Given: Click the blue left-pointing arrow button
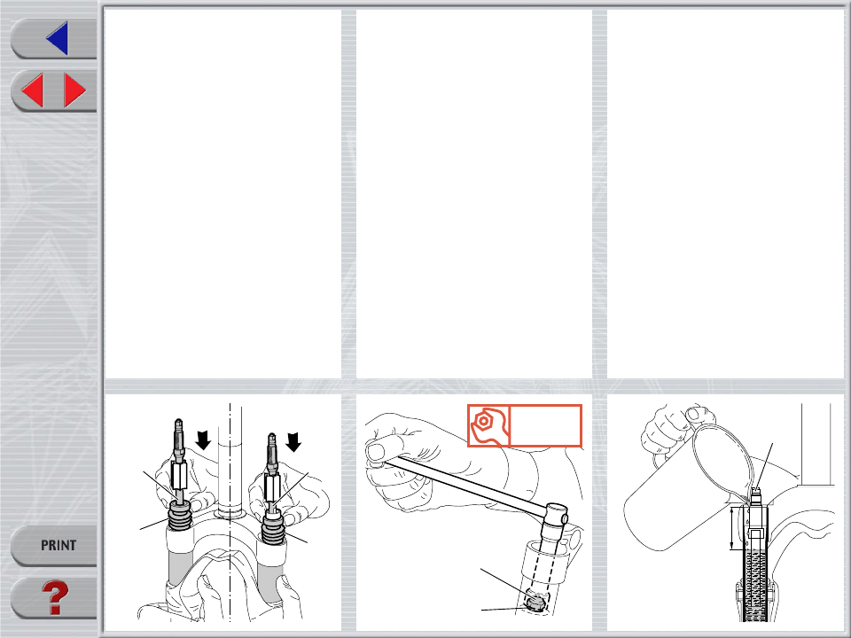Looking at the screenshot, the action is coord(58,38).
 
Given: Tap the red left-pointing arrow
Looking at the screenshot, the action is coord(33,90).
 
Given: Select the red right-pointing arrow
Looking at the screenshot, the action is coord(74,90).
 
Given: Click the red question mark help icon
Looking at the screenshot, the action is coord(55,598).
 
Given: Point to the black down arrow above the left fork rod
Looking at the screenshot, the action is coord(204,440).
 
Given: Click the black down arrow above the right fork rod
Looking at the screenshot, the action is coord(293,441).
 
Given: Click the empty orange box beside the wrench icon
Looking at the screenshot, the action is coord(545,426).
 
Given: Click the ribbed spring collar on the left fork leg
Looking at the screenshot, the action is coord(181,517).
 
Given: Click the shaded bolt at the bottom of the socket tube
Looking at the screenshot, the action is coord(535,603).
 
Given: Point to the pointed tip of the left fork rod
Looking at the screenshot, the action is coord(178,421).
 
